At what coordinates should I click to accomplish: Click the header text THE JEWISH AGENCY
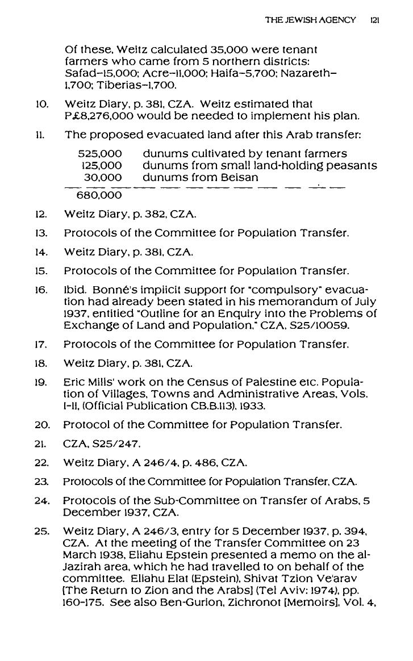[311, 20]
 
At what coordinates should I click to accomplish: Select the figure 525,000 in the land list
[100, 154]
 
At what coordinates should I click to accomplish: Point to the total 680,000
[99, 195]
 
